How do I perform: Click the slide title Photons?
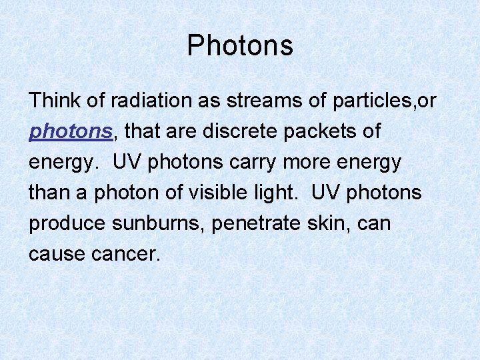[240, 46]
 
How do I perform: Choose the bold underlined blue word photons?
[71, 132]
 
